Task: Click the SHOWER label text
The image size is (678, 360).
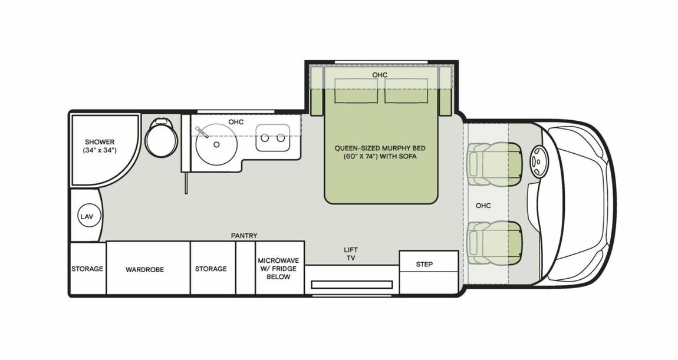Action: (x=99, y=142)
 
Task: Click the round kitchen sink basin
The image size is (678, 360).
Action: (x=217, y=143)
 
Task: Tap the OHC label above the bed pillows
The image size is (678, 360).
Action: (x=380, y=75)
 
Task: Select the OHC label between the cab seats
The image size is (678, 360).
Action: (x=483, y=206)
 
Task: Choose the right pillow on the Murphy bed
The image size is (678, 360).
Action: (x=406, y=90)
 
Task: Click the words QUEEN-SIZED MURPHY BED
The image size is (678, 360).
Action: (x=380, y=148)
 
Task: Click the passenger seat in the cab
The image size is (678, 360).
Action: (x=495, y=242)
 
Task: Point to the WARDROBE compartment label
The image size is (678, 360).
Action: (x=144, y=269)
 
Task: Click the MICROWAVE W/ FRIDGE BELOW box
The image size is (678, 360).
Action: (x=279, y=268)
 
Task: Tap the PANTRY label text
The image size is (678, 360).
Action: (x=244, y=236)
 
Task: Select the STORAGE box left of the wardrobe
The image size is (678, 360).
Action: (x=87, y=269)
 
